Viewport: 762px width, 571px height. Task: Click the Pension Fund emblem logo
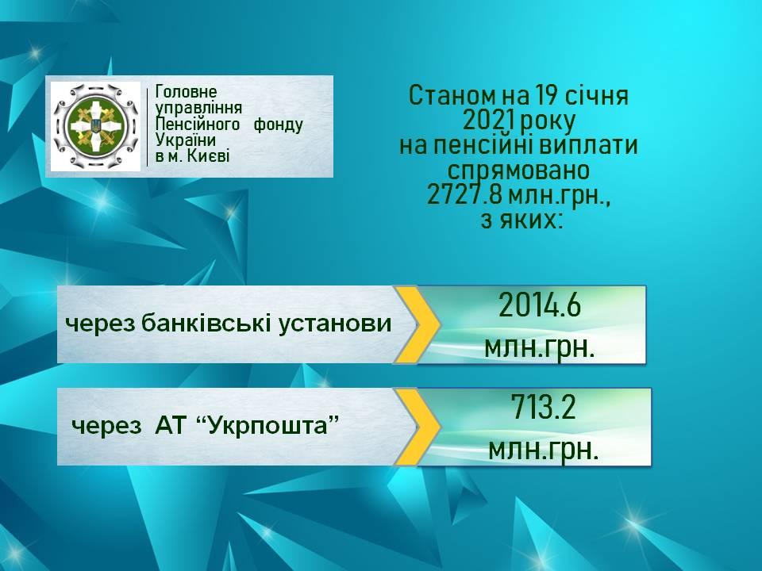[x=96, y=126]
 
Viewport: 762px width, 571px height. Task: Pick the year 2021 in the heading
[x=487, y=121]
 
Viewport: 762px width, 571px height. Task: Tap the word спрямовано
[x=518, y=171]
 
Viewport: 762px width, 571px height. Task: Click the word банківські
[x=206, y=323]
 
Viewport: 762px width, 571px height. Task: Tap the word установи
[x=335, y=324]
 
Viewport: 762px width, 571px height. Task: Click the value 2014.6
[x=540, y=306]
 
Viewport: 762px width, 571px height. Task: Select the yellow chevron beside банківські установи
[x=416, y=324]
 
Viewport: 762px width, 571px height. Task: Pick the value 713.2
[x=543, y=407]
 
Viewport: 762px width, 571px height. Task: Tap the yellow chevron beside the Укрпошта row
[x=416, y=427]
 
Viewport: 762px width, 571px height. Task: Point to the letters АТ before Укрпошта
[x=171, y=426]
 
